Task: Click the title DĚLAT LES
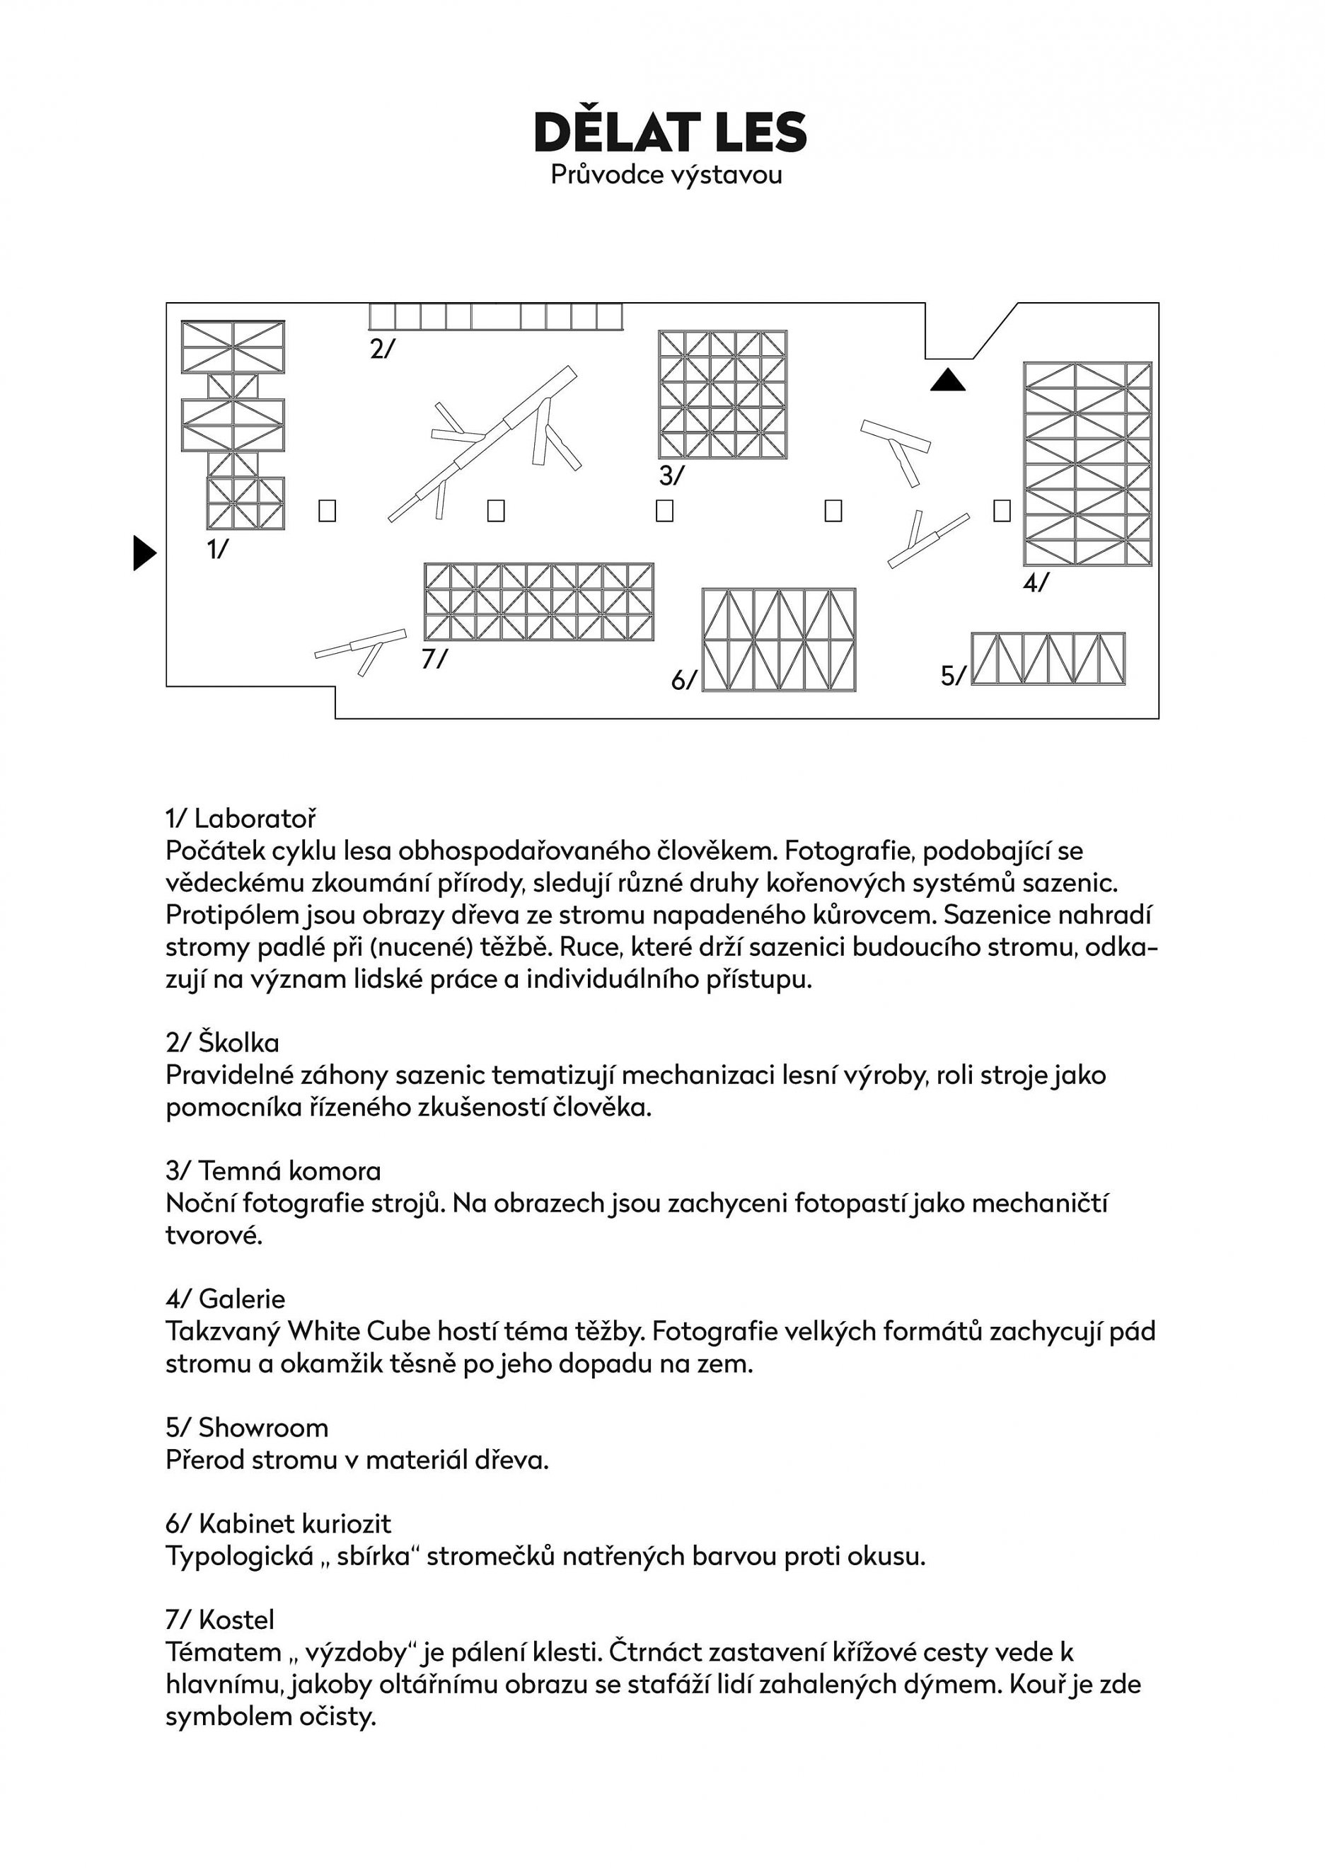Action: pyautogui.click(x=670, y=133)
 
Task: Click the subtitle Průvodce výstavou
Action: pyautogui.click(x=666, y=175)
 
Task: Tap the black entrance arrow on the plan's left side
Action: pyautogui.click(x=144, y=553)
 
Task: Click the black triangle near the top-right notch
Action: pyautogui.click(x=947, y=380)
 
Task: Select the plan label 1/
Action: pyautogui.click(x=217, y=549)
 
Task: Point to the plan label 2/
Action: pyautogui.click(x=381, y=348)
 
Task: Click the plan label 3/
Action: pyautogui.click(x=671, y=475)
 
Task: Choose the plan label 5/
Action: pyautogui.click(x=953, y=675)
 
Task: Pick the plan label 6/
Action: pyautogui.click(x=683, y=679)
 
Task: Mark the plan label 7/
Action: pyautogui.click(x=434, y=658)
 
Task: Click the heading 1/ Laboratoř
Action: pyautogui.click(x=241, y=819)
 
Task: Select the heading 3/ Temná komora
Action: pyautogui.click(x=273, y=1171)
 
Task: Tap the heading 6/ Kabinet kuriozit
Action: pyautogui.click(x=278, y=1523)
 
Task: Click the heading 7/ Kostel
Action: pyautogui.click(x=219, y=1620)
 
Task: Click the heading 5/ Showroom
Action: pyautogui.click(x=246, y=1427)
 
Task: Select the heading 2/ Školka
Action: pyautogui.click(x=222, y=1043)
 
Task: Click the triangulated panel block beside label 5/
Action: pyautogui.click(x=1048, y=658)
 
